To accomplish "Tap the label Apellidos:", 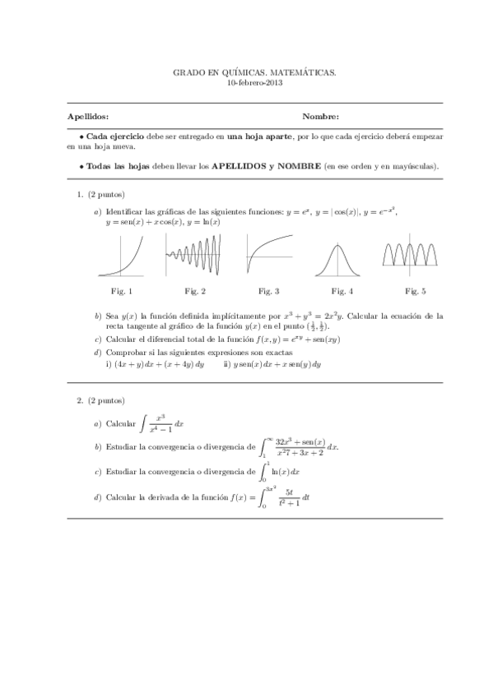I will coord(87,117).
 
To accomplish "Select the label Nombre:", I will coord(321,117).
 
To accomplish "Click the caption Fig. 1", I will coord(121,291).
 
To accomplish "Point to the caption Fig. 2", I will coord(194,291).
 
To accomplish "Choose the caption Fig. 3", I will coord(268,291).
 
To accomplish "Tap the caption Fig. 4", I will coord(342,291).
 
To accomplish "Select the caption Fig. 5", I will coord(416,291).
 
